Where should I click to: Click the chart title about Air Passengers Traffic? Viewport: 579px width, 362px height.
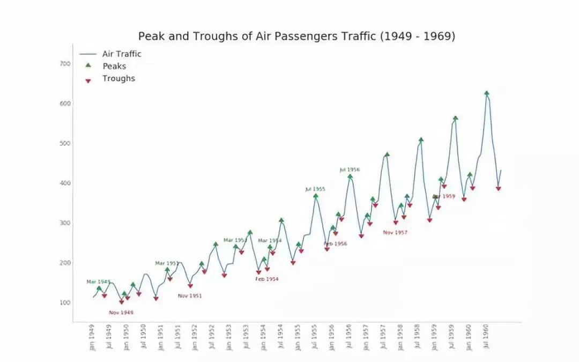[x=296, y=36]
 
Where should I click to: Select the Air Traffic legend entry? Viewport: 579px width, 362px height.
[x=122, y=54]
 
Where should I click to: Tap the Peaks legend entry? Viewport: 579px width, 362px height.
[x=114, y=66]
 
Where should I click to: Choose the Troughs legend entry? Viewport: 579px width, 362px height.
[x=118, y=78]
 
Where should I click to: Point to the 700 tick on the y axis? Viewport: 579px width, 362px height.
[x=65, y=64]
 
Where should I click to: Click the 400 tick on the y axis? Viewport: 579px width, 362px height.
[x=65, y=183]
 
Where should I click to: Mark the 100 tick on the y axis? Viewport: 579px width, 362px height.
[x=65, y=303]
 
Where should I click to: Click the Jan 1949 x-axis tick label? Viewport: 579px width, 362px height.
[x=92, y=337]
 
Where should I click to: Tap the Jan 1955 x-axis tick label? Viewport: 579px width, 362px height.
[x=297, y=337]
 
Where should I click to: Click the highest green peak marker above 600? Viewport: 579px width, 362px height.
[x=486, y=93]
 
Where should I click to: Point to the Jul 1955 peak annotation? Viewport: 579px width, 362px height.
[x=315, y=189]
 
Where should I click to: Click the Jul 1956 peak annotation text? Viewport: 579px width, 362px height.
[x=350, y=169]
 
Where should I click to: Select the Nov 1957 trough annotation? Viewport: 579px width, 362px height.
[x=395, y=233]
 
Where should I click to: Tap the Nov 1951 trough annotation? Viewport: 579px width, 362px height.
[x=190, y=296]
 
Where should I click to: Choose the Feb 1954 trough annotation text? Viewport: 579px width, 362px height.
[x=267, y=279]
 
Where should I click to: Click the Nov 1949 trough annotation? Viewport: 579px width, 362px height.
[x=121, y=313]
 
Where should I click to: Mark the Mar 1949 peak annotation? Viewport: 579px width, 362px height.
[x=99, y=282]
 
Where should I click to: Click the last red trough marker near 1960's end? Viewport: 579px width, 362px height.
[x=499, y=189]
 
